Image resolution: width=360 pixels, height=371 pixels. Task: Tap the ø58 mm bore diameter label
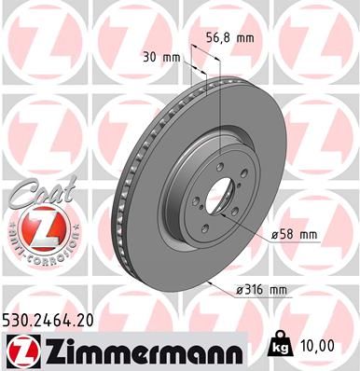coord(295,234)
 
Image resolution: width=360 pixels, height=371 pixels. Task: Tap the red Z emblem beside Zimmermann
coord(21,350)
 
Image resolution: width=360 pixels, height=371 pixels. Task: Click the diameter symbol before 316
coord(242,290)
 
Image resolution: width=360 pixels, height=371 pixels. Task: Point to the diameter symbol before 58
coord(277,234)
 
